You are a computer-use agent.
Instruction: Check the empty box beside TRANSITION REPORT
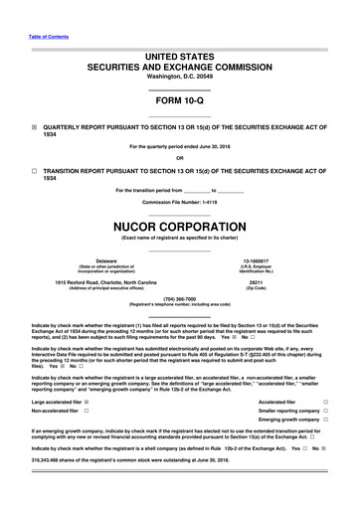pos(34,171)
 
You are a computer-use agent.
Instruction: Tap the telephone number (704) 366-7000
pos(179,297)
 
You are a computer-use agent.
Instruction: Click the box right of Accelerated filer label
pos(326,401)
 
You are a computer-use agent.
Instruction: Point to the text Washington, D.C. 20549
pos(179,77)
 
